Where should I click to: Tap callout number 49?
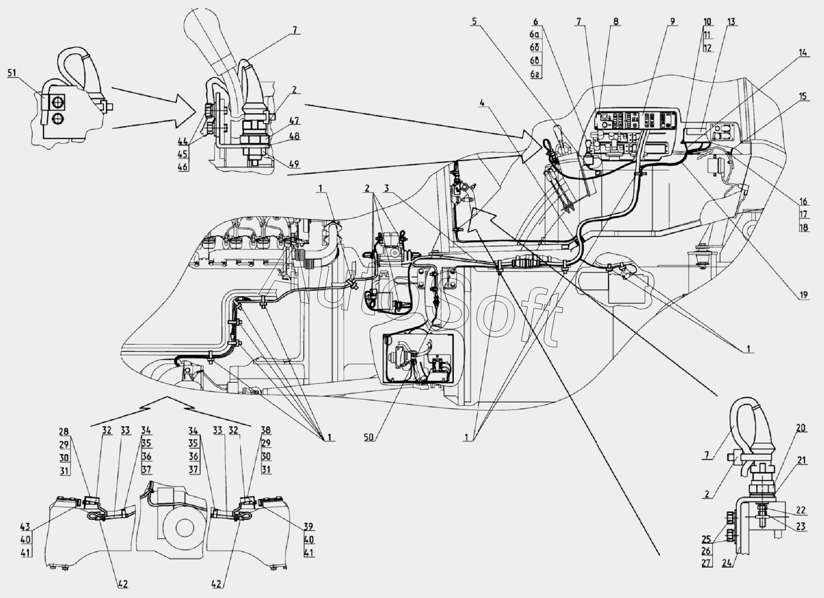point(294,165)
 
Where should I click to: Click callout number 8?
point(616,22)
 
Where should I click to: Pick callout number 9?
point(672,22)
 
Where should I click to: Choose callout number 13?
point(731,22)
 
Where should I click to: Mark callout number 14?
point(803,53)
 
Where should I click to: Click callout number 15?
point(803,97)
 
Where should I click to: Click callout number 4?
point(483,103)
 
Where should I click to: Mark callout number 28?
point(64,432)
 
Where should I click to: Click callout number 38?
point(266,430)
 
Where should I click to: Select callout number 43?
point(26,527)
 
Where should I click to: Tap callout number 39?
point(309,527)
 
